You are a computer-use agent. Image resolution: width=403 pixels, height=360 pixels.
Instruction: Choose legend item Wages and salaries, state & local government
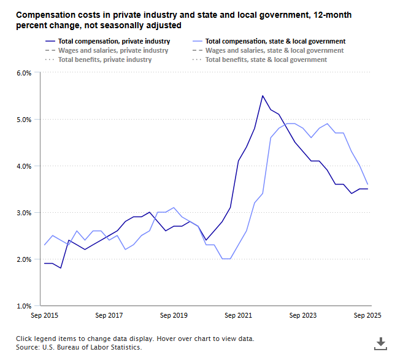[274, 50]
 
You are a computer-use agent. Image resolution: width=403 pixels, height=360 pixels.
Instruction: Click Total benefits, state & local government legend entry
[266, 59]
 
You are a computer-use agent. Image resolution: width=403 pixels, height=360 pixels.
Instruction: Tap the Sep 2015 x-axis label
[44, 316]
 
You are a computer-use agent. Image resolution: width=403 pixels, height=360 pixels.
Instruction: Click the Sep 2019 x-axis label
[174, 316]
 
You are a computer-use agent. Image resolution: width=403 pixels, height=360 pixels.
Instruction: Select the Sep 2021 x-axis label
[238, 316]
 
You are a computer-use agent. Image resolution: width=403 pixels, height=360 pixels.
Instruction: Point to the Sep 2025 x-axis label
[367, 316]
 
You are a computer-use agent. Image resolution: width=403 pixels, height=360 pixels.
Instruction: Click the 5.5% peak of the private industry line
[263, 96]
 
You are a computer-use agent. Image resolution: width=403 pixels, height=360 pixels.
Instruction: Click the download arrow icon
[380, 343]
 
